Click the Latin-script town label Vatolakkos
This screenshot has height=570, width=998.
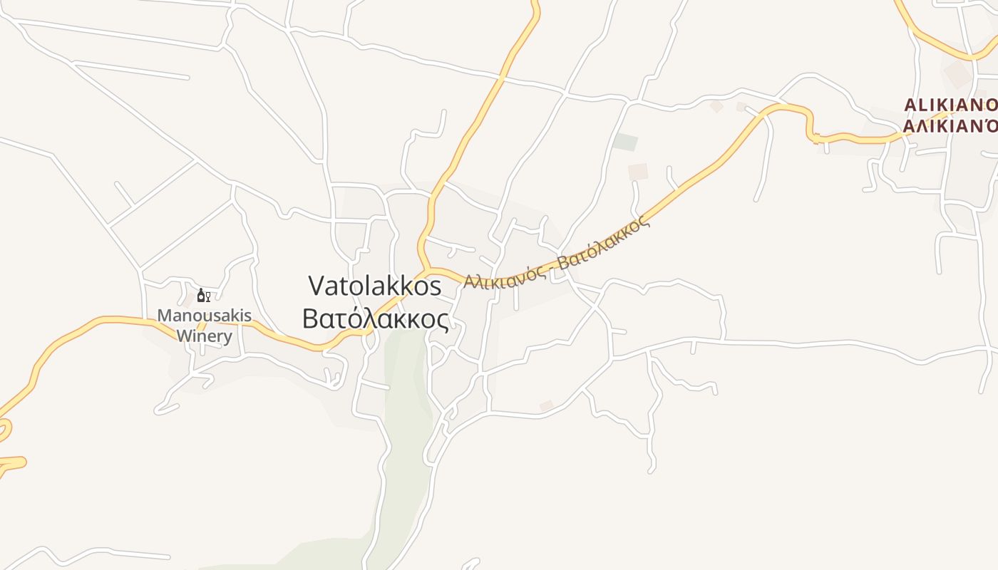coord(375,286)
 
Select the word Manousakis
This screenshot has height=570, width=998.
coord(204,315)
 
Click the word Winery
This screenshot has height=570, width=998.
coord(204,336)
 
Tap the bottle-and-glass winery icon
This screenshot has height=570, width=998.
coord(203,295)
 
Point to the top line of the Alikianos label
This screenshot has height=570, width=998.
coord(950,105)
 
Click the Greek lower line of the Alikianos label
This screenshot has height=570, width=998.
coord(950,127)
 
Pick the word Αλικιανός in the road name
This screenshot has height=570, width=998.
coord(505,276)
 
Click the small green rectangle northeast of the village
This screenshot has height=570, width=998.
coord(625,142)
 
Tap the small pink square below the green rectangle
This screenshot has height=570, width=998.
coord(638,172)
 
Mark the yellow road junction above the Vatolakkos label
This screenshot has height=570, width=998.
coord(427,270)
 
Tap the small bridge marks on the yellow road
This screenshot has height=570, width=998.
coord(817,138)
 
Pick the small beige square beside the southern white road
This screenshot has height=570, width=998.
coord(547,406)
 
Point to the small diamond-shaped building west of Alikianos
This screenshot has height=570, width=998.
coord(716,106)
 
